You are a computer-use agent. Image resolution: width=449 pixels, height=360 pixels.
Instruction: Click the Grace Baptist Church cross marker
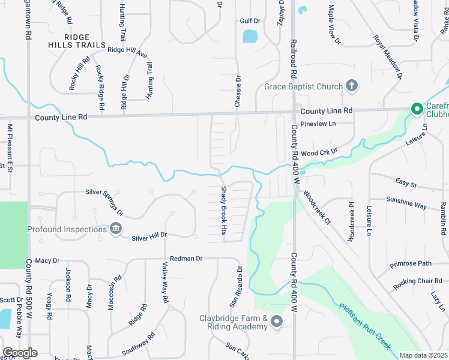[352, 86]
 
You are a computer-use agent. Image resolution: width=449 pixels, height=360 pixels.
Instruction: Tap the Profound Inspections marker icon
[116, 229]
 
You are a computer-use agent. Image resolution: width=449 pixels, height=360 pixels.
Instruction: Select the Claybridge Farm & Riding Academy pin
[277, 322]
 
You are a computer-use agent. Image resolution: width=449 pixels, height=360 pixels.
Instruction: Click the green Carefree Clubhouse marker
[416, 109]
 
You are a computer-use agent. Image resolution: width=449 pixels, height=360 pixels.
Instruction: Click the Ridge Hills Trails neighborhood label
[77, 41]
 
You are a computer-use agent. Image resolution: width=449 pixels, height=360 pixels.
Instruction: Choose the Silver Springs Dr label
[104, 202]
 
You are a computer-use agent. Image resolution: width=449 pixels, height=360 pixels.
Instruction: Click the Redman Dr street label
[187, 258]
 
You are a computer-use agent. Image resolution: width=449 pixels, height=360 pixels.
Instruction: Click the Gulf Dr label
[250, 21]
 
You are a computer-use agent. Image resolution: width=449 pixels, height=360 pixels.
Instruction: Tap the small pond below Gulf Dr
[250, 37]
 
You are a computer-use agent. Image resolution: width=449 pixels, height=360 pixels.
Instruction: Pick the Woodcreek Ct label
[317, 208]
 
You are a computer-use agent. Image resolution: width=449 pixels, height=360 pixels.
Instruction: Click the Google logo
[20, 353]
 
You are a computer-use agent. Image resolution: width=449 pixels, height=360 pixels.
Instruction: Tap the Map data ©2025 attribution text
[423, 355]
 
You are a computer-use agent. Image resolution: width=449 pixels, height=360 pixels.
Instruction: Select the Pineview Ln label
[318, 124]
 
